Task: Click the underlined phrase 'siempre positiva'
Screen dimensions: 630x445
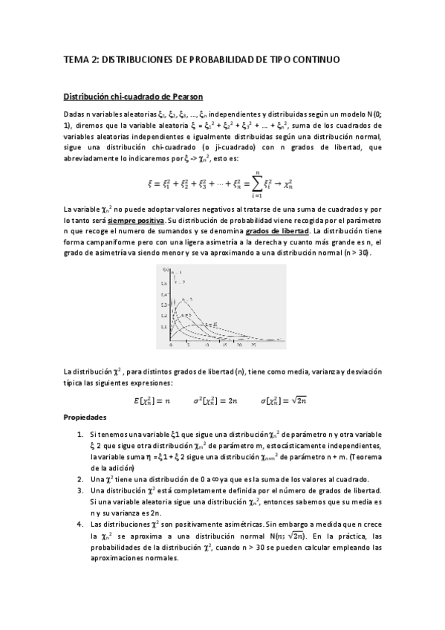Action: point(129,221)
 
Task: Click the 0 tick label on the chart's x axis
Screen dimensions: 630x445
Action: point(172,345)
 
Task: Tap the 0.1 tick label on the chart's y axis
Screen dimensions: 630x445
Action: point(165,327)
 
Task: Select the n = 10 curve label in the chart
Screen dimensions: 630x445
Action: point(214,325)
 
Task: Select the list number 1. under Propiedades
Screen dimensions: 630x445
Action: point(80,433)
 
